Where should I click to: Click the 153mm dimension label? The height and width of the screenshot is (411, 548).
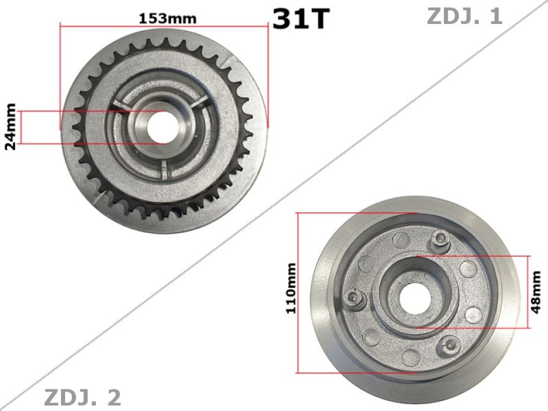coord(167,18)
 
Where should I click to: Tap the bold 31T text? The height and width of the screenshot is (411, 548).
coord(301,19)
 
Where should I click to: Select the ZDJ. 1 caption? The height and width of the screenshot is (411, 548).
coord(464,17)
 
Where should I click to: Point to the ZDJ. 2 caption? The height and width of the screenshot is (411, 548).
coord(82,397)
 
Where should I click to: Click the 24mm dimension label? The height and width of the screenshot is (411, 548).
coord(10,127)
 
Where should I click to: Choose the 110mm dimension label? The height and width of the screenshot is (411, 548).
coord(291,292)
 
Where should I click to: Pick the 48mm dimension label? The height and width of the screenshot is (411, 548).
coord(536,292)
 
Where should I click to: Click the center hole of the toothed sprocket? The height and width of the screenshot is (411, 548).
coord(161,127)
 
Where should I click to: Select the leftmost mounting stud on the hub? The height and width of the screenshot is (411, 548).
coord(354,296)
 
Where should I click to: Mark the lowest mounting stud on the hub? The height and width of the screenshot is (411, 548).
coord(450,343)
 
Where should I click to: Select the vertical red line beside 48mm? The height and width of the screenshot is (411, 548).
coord(530,292)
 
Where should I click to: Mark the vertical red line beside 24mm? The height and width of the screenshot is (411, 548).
coord(21,127)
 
